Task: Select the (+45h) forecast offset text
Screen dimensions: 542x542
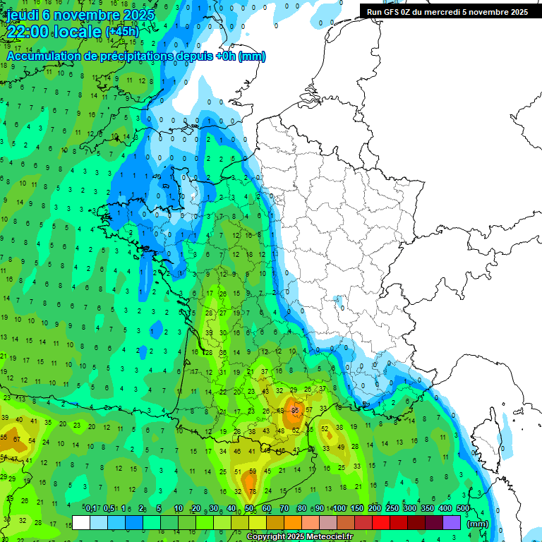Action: [122, 32]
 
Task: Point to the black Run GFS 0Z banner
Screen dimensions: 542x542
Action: [447, 11]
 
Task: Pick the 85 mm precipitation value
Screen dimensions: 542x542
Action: [295, 409]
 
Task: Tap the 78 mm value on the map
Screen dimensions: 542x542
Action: [253, 491]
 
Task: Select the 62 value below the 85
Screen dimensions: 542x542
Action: [296, 430]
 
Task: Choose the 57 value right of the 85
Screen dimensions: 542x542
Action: [309, 409]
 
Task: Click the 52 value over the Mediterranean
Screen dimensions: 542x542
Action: [325, 428]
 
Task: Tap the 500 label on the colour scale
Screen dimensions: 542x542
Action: [463, 508]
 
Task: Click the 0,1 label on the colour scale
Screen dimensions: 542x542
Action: [91, 508]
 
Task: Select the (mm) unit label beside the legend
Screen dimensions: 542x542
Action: [478, 524]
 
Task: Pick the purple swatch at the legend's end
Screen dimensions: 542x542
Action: [452, 522]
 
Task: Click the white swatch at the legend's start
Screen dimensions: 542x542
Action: [81, 522]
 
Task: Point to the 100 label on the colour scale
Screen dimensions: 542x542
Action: [339, 508]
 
